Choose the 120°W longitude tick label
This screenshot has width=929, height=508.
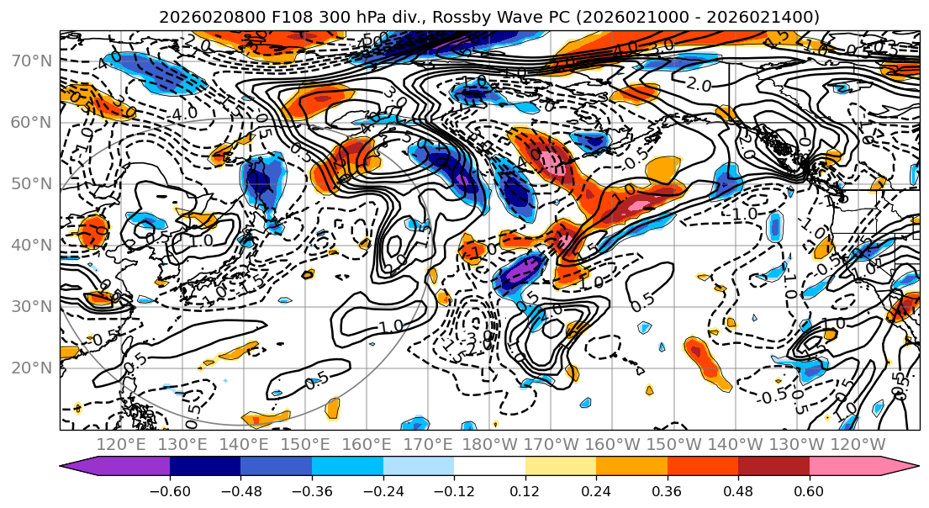coord(858,444)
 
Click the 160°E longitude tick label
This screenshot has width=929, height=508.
coord(367,444)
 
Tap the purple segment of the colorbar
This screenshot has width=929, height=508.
coord(118,467)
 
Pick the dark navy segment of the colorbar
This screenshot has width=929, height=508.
coord(205,467)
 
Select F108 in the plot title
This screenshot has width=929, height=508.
coord(276,17)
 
